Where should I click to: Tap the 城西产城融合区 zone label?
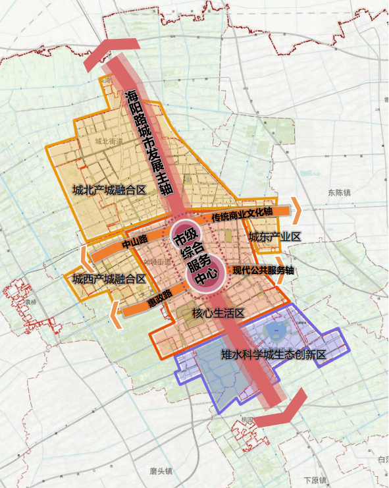(109, 279)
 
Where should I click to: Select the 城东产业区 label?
(274, 237)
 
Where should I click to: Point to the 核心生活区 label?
(218, 313)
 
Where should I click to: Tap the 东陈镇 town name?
(340, 193)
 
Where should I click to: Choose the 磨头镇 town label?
(161, 471)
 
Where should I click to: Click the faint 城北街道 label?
(109, 142)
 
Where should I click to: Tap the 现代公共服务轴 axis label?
(263, 270)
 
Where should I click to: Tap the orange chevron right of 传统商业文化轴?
(297, 209)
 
